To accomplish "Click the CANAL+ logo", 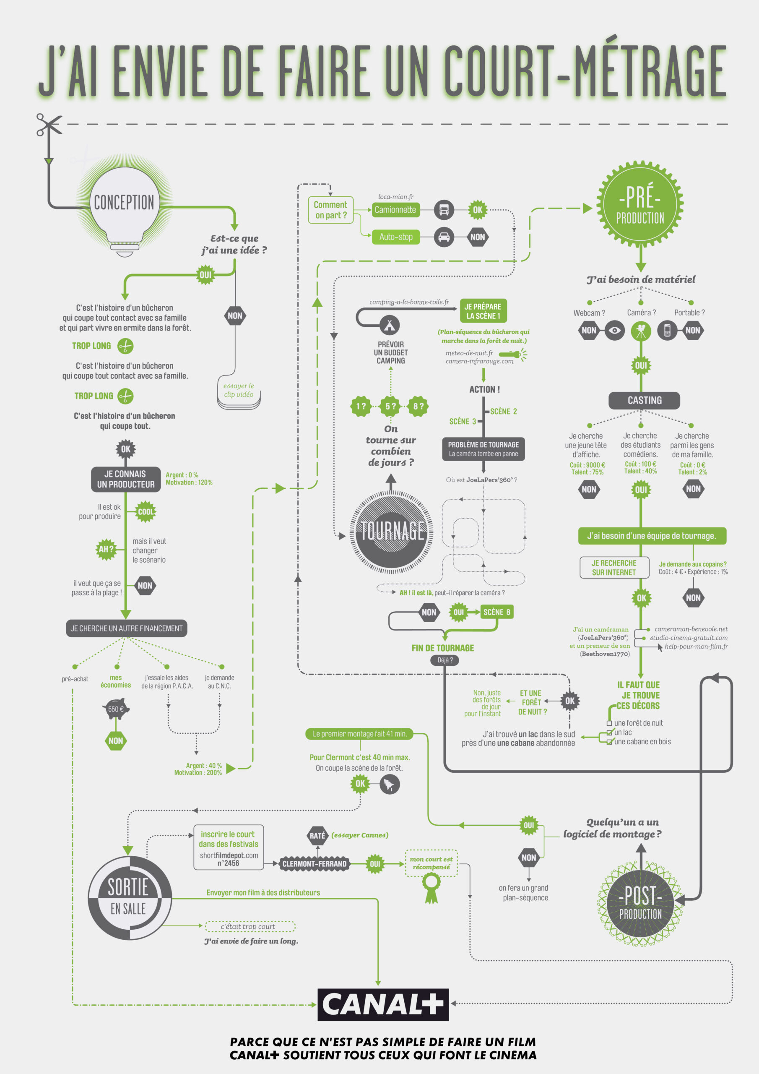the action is tap(383, 1004).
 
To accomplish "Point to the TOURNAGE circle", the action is tap(391, 532).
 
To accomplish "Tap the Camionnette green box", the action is tap(395, 210).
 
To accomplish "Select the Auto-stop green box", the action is tap(395, 237).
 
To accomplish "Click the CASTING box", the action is tap(644, 400).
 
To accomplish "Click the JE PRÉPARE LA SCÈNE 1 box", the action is tap(483, 311).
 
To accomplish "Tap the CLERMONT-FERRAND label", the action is tap(314, 864).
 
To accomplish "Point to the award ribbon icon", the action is tap(431, 887).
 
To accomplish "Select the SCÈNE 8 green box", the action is tap(496, 612).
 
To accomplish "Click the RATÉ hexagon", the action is tap(317, 835).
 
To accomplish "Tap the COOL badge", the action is tap(146, 512).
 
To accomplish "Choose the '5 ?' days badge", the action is tap(390, 406).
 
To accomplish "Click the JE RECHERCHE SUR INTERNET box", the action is tap(614, 567).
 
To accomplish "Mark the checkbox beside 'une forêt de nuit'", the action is tap(609, 723).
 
